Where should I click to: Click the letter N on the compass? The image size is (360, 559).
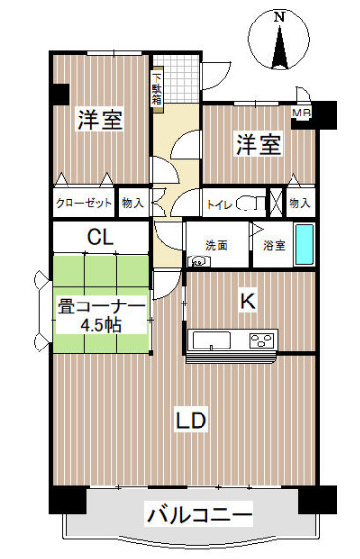tap(280, 17)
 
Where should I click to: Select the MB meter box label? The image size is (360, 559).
tap(301, 113)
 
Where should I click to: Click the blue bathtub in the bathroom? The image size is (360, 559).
tap(305, 245)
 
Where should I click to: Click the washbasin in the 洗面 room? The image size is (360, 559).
tap(199, 261)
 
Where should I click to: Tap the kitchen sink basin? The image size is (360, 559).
tap(211, 341)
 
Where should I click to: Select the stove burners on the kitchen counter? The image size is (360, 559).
tap(262, 340)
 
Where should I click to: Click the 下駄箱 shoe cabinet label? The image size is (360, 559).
tap(157, 89)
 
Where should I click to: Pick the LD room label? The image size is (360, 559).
tap(192, 420)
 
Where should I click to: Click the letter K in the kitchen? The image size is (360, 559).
tap(247, 302)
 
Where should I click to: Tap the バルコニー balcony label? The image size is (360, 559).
tap(199, 514)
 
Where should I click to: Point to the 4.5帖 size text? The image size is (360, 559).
tap(101, 325)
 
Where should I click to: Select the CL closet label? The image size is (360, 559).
tap(101, 237)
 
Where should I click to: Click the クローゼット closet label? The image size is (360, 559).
tap(84, 203)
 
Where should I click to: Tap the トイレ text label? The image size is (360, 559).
tap(220, 205)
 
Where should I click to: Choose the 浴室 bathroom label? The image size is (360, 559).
tap(274, 245)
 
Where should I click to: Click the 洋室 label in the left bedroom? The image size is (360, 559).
tap(101, 119)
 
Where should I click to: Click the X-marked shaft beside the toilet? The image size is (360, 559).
tap(276, 202)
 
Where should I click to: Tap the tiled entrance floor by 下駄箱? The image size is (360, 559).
tap(180, 78)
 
